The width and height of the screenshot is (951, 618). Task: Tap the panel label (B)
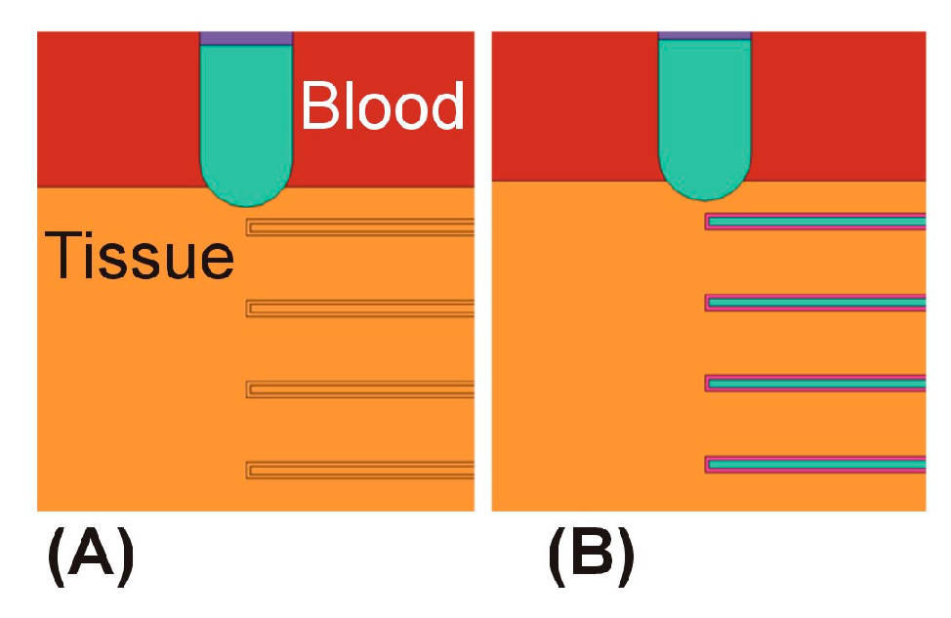(x=591, y=556)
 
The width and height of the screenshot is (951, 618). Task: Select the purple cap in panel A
(x=246, y=38)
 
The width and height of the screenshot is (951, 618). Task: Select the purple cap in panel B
(x=704, y=35)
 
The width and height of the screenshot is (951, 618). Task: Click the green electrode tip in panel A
(x=247, y=127)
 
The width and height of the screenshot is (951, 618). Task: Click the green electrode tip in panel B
(x=704, y=122)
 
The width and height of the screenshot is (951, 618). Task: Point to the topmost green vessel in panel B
(x=815, y=222)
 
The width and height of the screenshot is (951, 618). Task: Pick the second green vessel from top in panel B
(x=815, y=303)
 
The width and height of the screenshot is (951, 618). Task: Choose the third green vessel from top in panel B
(x=815, y=384)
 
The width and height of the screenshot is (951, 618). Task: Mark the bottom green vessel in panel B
(x=815, y=465)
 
